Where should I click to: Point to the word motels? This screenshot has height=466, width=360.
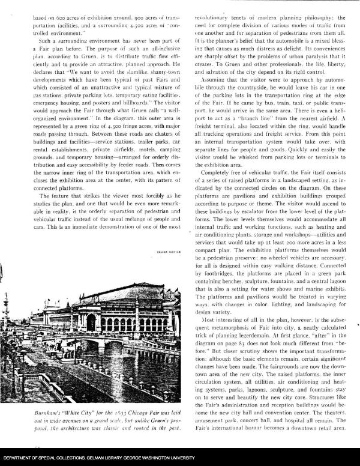pyautogui.click(x=132, y=152)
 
